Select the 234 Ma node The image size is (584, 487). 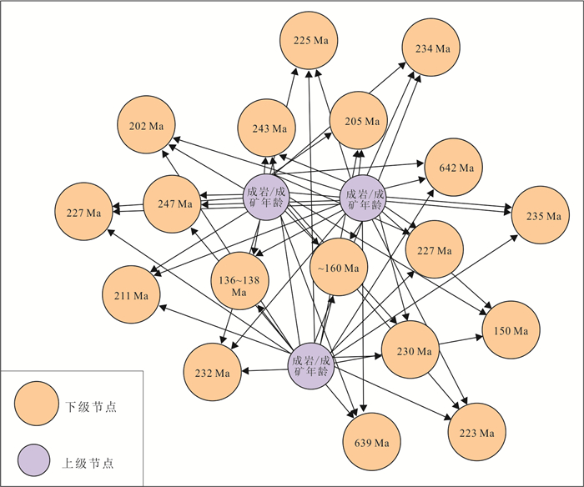point(431,48)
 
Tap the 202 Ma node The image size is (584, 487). point(146,126)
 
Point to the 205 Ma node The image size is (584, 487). point(359,121)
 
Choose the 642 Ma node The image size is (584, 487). point(455,168)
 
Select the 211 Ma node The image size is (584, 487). point(131,296)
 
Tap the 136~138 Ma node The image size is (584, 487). point(239,280)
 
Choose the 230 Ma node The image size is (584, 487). point(410,349)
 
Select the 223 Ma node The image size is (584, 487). point(477,432)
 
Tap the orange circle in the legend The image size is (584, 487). point(36,407)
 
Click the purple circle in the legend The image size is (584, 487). point(36,459)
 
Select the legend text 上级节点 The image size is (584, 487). point(91,460)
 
